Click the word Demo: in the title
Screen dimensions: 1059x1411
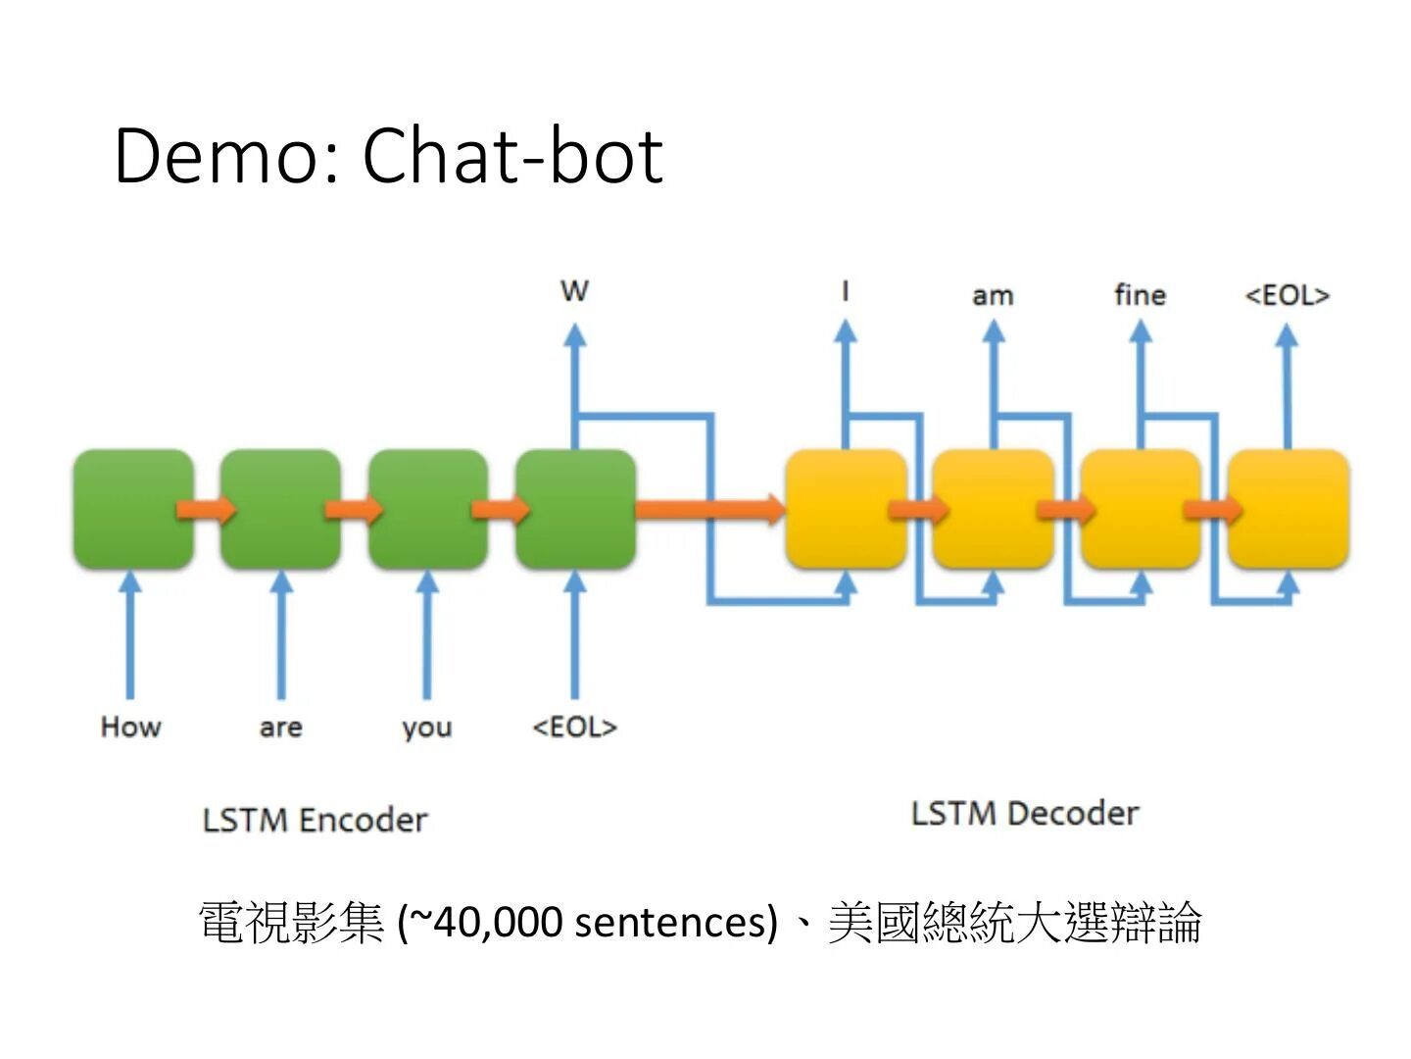coord(227,155)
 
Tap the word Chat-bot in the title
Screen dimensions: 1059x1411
coord(512,155)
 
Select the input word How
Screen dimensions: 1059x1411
coord(130,727)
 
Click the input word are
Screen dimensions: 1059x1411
coord(280,728)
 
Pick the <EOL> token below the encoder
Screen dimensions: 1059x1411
coord(574,727)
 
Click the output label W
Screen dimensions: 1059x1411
coord(574,290)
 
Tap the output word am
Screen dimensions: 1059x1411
coord(993,295)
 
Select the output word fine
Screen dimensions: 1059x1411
coord(1140,294)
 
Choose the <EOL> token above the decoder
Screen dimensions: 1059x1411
coord(1287,294)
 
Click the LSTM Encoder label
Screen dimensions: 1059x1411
coord(315,820)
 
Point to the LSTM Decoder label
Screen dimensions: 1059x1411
coord(1025,813)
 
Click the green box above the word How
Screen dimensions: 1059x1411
coord(133,509)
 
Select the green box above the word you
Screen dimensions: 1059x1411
coord(427,509)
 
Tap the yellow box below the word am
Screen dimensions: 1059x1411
coord(993,509)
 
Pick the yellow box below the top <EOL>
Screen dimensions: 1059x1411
coord(1288,509)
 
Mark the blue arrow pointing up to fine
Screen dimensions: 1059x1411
coord(1140,382)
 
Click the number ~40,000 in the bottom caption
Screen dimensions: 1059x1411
coord(485,922)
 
